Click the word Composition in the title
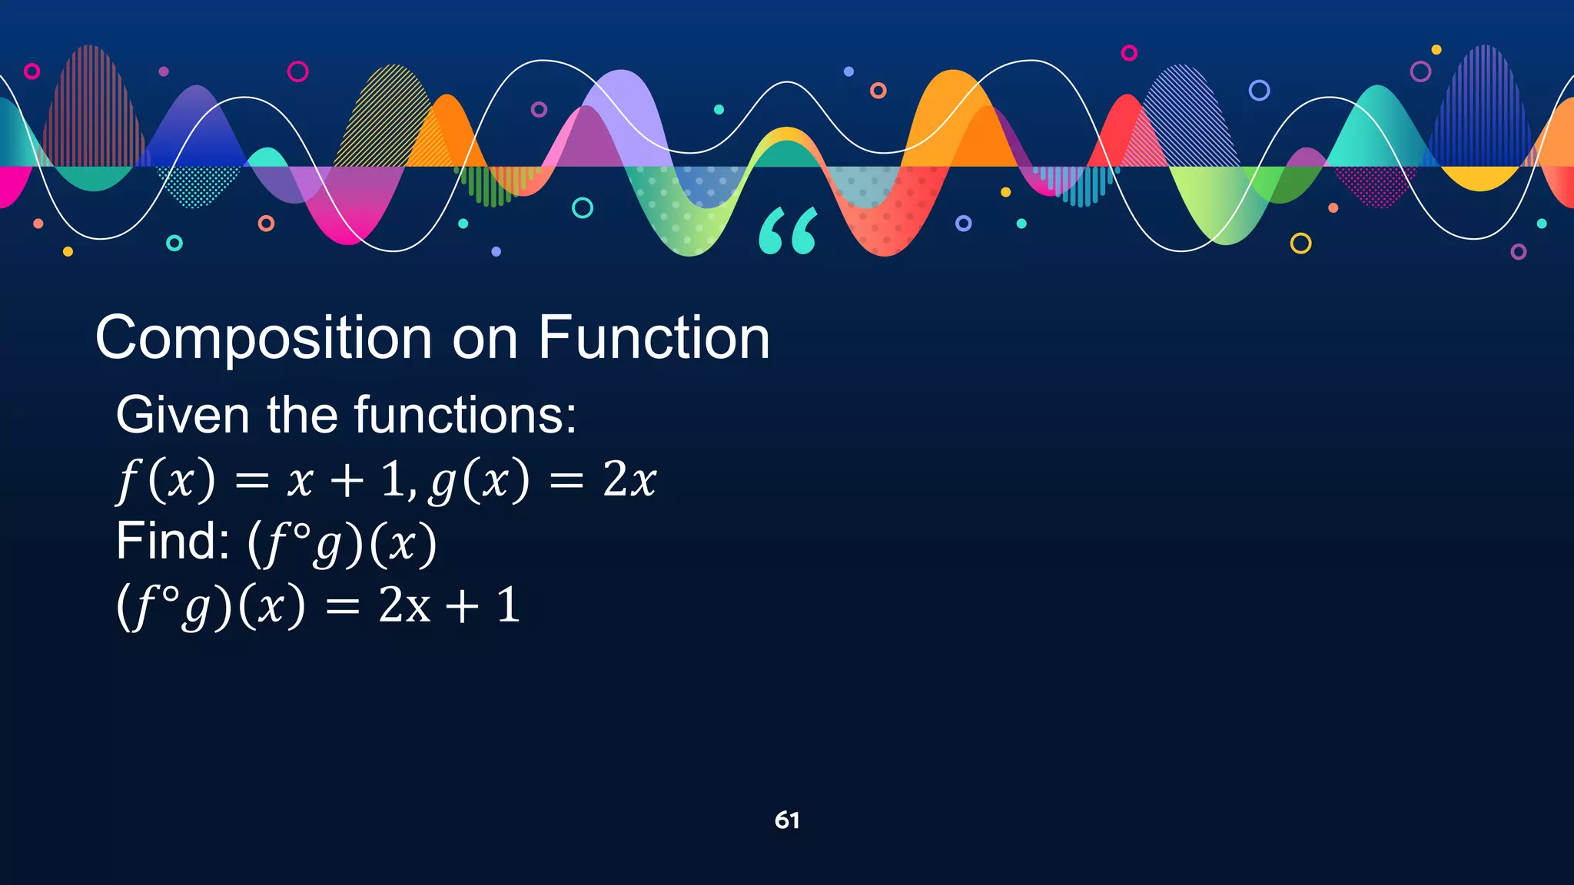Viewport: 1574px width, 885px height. coord(264,339)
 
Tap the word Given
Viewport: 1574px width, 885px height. coord(182,415)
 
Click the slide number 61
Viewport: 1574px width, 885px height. coord(787,820)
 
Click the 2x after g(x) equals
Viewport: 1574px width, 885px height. coord(629,480)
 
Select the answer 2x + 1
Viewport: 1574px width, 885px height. coord(450,605)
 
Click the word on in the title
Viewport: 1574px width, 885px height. coord(484,339)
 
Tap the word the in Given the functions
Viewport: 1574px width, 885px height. coord(301,415)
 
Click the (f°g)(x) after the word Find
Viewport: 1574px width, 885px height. coord(342,544)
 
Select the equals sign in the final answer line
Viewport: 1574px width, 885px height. coord(342,607)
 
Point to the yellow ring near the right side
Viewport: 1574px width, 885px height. coord(1300,244)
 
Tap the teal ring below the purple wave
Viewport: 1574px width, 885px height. coord(583,207)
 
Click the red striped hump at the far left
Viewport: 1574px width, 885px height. coord(91,108)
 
